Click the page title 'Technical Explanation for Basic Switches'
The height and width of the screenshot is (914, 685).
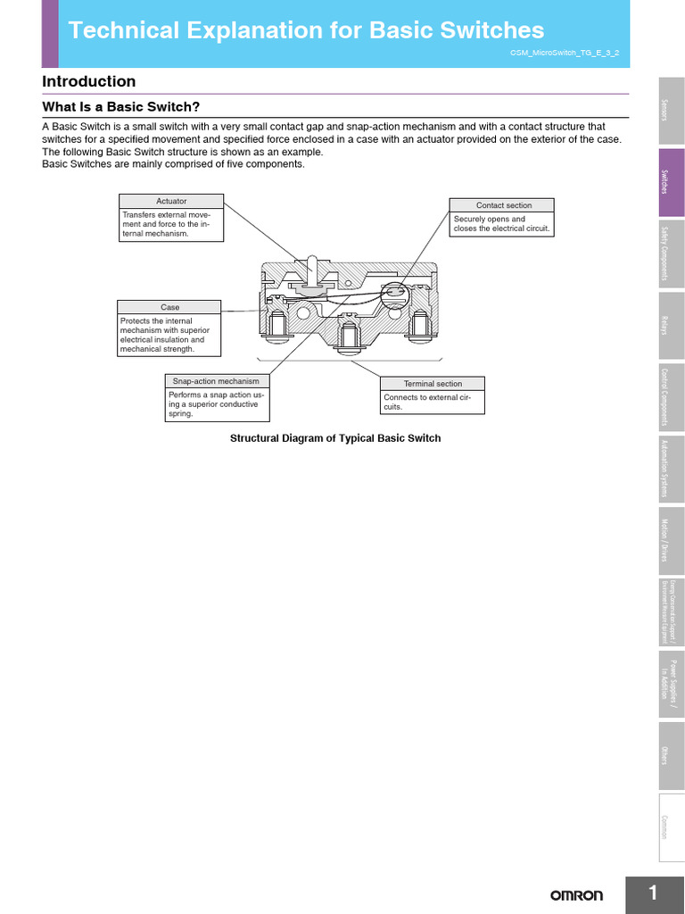pos(306,31)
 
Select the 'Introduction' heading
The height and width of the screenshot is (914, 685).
pos(89,82)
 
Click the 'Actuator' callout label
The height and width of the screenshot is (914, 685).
pos(171,201)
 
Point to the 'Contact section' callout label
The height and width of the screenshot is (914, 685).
pos(503,205)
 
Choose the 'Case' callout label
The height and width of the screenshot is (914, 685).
pos(169,307)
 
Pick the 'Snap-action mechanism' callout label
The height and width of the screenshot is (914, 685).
pos(217,381)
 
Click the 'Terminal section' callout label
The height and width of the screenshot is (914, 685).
pos(433,384)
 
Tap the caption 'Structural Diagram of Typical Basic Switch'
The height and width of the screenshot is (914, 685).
pos(335,438)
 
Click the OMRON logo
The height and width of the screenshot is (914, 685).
pos(576,895)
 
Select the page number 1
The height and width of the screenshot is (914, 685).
pos(654,893)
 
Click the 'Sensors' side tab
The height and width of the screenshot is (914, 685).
pos(672,110)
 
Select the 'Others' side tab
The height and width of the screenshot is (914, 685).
pos(672,755)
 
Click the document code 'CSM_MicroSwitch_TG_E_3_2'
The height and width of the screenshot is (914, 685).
pos(563,54)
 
